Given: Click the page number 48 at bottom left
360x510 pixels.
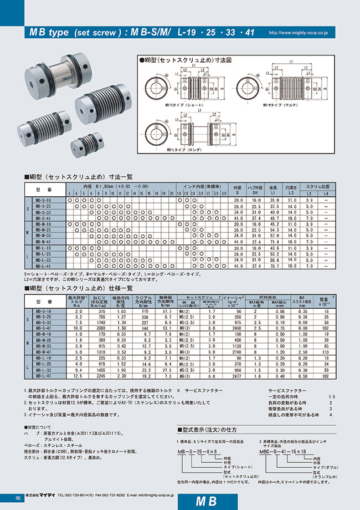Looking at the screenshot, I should point(19,499).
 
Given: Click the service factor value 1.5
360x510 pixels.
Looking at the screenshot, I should point(331,396).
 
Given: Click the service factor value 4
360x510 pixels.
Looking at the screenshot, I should point(331,415).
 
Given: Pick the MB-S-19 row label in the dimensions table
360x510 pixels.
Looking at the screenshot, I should point(43,200).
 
